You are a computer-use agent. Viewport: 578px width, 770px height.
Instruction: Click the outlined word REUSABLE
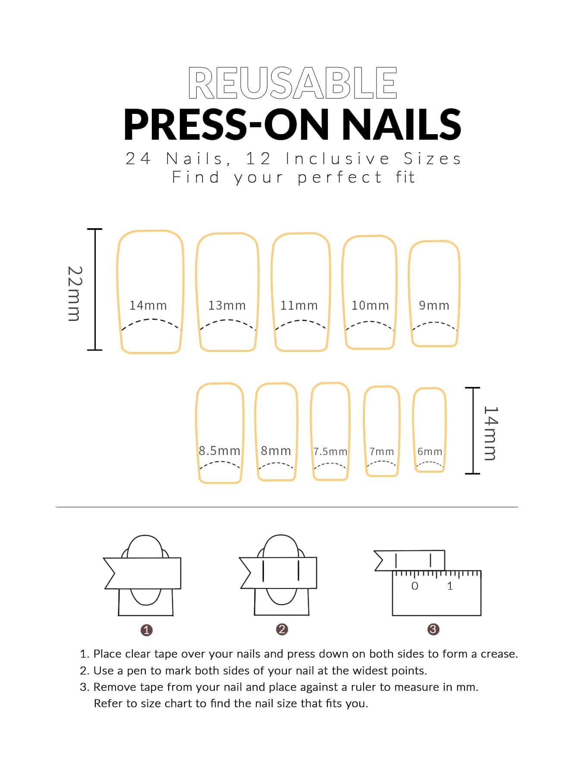click(x=292, y=83)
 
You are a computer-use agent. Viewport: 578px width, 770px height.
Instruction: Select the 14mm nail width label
click(x=148, y=305)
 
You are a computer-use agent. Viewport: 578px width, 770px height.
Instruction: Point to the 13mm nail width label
click(x=227, y=305)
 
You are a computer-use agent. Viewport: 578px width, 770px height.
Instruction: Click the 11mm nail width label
click(x=299, y=305)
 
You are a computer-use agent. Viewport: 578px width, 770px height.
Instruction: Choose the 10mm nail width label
click(x=370, y=305)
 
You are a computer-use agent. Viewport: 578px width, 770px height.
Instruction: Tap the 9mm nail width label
click(x=434, y=305)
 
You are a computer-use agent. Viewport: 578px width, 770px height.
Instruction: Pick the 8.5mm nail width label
click(x=220, y=451)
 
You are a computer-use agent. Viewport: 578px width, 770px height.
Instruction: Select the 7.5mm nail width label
click(x=330, y=452)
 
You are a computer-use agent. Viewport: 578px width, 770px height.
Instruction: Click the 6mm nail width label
click(x=430, y=452)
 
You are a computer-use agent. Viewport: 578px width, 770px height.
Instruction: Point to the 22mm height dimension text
click(x=75, y=293)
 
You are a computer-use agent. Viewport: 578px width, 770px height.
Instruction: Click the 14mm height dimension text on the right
click(x=491, y=433)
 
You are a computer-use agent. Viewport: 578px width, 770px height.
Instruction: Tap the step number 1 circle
click(x=147, y=630)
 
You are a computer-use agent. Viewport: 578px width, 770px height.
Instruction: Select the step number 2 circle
click(x=282, y=629)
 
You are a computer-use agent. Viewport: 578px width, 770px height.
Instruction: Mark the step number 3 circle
click(x=433, y=629)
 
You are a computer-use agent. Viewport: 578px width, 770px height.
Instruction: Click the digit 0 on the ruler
click(x=415, y=586)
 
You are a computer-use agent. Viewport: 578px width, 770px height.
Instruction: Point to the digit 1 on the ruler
click(x=450, y=586)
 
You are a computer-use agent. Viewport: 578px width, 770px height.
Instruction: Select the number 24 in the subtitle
click(x=138, y=159)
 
